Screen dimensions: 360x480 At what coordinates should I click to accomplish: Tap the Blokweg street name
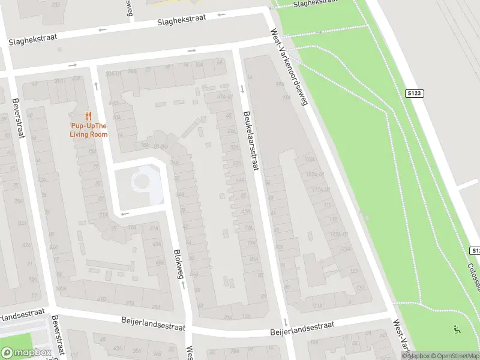(x=178, y=264)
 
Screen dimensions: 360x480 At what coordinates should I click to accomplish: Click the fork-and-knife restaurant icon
(x=88, y=116)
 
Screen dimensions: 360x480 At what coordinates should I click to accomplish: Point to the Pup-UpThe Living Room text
(x=88, y=130)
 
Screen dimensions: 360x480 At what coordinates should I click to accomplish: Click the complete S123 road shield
(x=414, y=94)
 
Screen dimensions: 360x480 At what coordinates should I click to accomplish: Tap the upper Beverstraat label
(x=18, y=118)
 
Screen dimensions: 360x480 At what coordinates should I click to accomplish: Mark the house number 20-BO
(x=160, y=146)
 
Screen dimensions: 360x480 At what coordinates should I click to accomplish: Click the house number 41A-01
(x=225, y=96)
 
